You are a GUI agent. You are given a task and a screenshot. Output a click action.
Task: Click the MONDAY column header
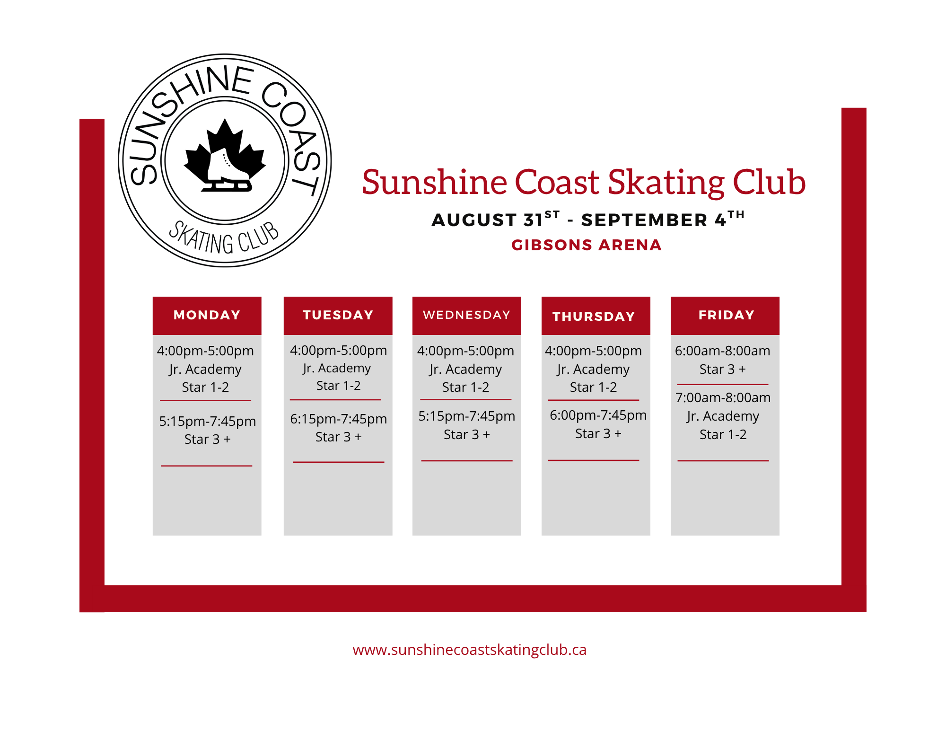pos(207,315)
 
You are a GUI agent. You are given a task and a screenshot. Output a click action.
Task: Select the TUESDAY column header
pos(338,315)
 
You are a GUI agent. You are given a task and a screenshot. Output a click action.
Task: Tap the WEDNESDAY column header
pos(467,315)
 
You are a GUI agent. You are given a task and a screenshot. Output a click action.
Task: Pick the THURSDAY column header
pos(596,316)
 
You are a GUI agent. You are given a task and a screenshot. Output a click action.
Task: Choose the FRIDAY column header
pos(725,315)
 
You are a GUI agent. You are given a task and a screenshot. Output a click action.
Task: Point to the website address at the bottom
pos(470,650)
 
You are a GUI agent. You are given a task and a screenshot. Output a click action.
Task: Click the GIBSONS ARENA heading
pos(587,245)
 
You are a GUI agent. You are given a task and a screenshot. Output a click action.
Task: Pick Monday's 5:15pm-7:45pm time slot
pos(207,421)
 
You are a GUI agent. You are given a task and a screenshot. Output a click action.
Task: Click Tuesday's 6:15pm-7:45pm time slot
pos(338,419)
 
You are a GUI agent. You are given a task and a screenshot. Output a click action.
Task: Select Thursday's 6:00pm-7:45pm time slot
pos(598,415)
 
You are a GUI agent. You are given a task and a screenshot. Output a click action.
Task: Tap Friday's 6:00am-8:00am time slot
pos(722,351)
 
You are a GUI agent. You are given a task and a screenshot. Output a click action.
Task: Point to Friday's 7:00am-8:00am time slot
pos(723,397)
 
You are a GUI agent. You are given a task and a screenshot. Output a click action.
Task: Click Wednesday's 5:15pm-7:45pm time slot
pos(466,416)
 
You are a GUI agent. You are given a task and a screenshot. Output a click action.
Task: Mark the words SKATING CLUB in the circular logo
pos(224,238)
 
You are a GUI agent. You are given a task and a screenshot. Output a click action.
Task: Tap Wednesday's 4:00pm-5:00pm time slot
pos(465,351)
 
